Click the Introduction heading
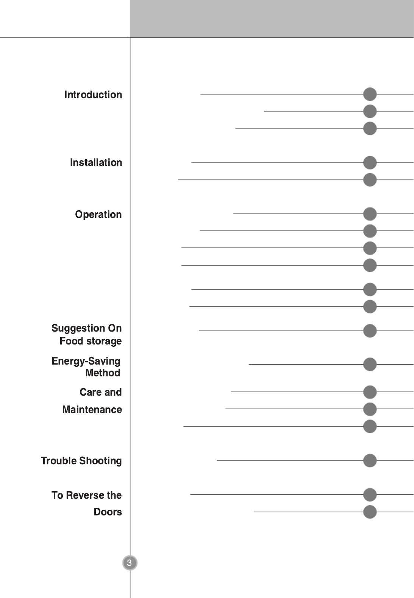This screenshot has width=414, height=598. (93, 95)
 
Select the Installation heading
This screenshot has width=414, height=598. (96, 163)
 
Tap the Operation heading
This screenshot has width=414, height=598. (98, 214)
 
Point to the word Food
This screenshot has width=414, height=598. (71, 341)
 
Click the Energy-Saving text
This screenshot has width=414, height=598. (86, 361)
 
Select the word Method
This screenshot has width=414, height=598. (103, 373)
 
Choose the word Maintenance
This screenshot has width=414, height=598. (92, 410)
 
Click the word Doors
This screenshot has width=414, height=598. (108, 512)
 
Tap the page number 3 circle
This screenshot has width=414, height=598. (130, 563)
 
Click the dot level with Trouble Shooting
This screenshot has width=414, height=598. (370, 460)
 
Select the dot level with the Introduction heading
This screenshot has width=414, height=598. (370, 94)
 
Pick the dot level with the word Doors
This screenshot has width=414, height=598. (370, 512)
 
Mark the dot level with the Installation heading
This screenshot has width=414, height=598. (370, 163)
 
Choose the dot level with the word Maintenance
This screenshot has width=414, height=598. (370, 409)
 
